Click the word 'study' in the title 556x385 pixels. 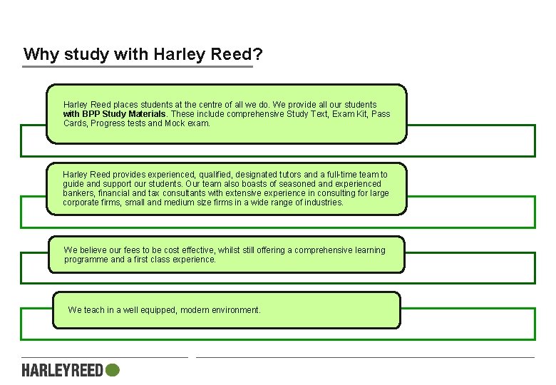point(82,55)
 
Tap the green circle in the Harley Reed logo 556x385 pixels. point(112,370)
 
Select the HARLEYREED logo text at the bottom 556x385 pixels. point(63,370)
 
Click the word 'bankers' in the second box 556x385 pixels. point(77,193)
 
